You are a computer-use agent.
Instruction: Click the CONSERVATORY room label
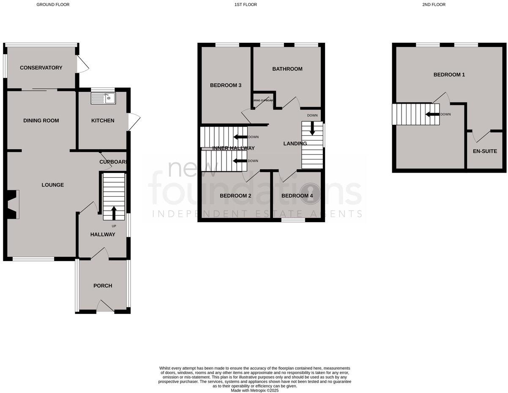[41, 68]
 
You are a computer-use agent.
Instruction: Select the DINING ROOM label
[41, 121]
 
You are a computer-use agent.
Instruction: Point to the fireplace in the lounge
[13, 204]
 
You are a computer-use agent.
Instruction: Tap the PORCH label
[103, 286]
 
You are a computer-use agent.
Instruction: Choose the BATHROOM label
[287, 69]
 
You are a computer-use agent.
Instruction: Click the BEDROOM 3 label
[226, 85]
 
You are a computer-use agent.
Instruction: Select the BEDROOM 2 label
[236, 196]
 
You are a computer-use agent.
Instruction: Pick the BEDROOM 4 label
[297, 196]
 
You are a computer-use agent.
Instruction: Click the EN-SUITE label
[485, 151]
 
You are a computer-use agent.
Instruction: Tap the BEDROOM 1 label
[449, 75]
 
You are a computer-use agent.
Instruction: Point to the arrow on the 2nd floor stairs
[432, 114]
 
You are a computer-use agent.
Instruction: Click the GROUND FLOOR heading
[53, 5]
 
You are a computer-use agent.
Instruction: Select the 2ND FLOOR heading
[434, 5]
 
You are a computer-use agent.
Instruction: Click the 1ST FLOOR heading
[246, 5]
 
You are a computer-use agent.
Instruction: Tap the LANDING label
[295, 143]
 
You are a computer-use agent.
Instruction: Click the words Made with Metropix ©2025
[254, 390]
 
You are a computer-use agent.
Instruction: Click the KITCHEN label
[103, 121]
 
